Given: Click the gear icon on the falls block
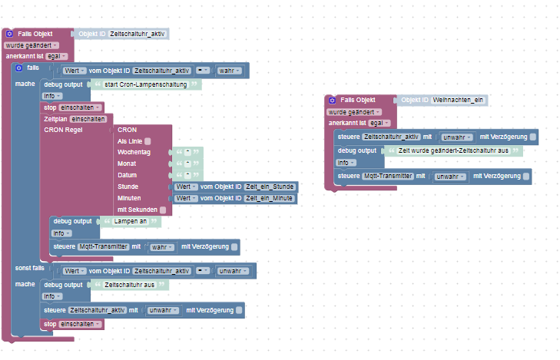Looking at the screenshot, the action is tap(19, 68).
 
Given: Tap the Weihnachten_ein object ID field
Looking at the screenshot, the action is tap(458, 100).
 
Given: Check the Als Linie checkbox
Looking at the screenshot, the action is tap(147, 141).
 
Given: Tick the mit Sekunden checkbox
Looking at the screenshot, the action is tap(163, 210).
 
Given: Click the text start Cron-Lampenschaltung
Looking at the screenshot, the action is tap(145, 84).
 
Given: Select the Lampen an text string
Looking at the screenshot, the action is tap(131, 221).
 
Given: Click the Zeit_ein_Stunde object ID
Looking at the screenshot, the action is tap(270, 187).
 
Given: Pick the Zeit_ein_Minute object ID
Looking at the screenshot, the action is tap(269, 198).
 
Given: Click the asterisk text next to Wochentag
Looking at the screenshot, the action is tap(188, 152).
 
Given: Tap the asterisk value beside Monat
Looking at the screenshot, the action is tap(188, 163).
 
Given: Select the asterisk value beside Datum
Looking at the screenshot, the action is tap(188, 175).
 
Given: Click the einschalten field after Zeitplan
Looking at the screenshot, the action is tap(88, 119).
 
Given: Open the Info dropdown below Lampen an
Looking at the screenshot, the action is tap(61, 233).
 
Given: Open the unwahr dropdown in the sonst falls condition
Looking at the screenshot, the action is tap(234, 271).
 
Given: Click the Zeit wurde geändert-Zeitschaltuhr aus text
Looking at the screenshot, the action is tap(453, 150).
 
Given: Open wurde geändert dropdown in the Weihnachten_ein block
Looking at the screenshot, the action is tap(353, 112).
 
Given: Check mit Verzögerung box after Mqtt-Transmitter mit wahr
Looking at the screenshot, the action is tap(234, 247).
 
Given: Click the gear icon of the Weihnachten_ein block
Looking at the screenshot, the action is tap(332, 101).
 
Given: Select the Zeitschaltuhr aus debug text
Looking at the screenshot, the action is tap(129, 285).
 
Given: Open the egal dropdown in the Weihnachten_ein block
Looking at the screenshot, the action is tap(379, 123).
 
